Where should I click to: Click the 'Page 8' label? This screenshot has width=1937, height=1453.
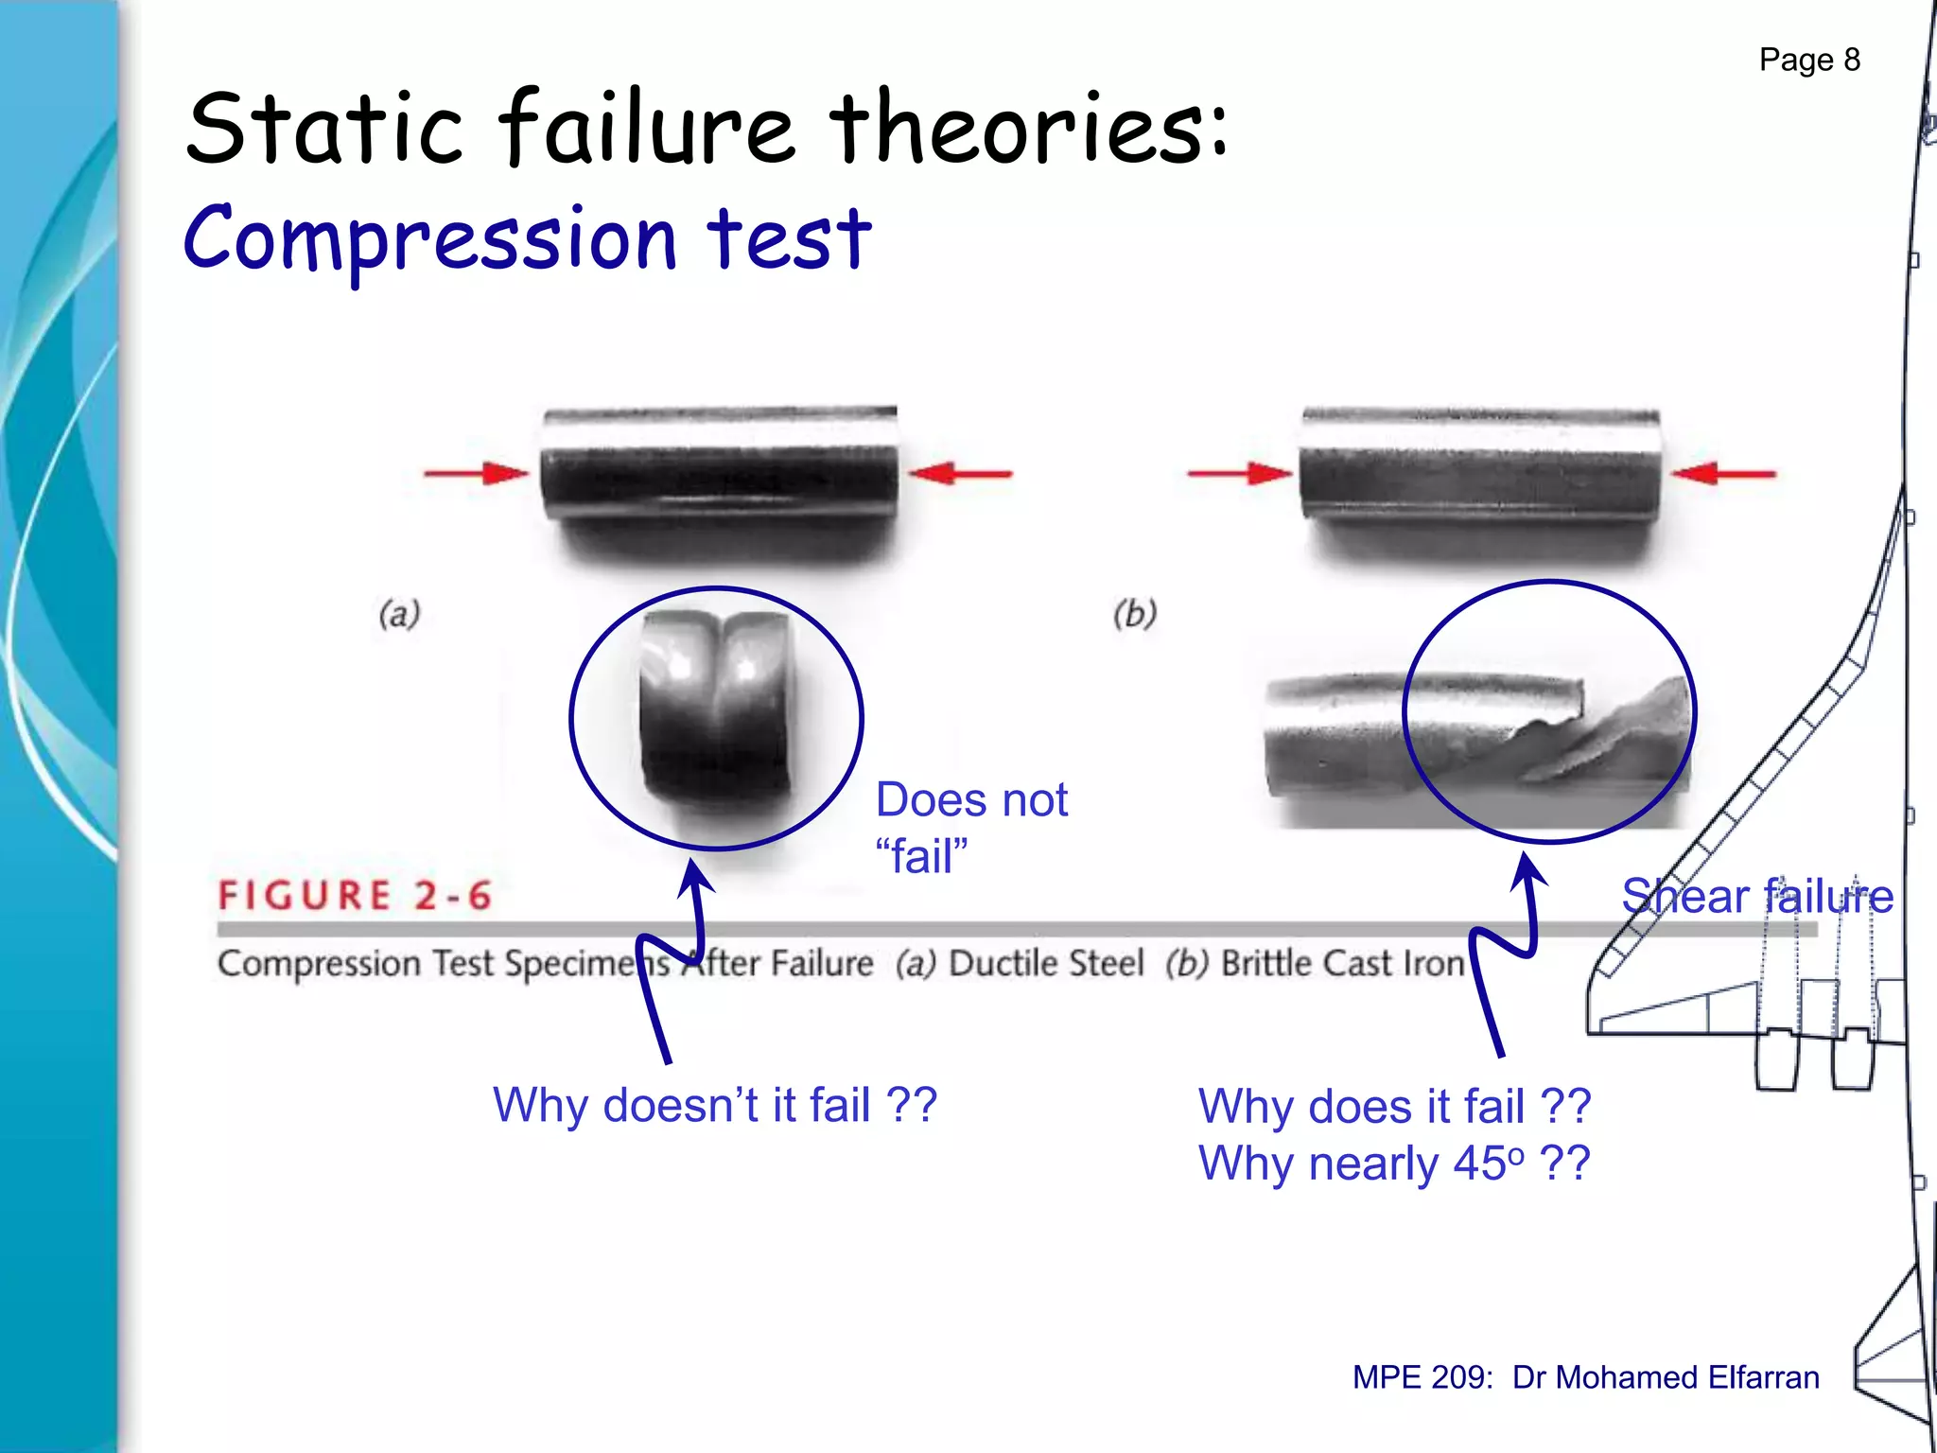click(1808, 61)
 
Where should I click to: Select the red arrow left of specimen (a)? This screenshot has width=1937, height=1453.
click(476, 473)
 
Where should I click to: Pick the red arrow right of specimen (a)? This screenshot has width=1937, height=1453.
click(961, 473)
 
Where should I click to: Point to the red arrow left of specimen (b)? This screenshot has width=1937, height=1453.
click(1239, 473)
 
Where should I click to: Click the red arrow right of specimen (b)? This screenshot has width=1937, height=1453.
click(1723, 473)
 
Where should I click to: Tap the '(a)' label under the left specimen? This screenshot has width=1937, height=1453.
click(399, 614)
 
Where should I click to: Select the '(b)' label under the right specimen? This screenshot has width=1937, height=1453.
click(1135, 614)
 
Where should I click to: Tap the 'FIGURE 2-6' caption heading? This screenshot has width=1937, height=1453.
click(356, 895)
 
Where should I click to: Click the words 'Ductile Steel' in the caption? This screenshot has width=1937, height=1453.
click(1046, 964)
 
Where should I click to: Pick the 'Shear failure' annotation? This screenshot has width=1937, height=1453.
click(1756, 896)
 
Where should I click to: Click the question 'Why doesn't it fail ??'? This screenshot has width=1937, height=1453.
click(715, 1105)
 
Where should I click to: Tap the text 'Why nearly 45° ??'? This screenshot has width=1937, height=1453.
click(1394, 1164)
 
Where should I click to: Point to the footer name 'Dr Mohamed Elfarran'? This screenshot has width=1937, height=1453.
click(1666, 1377)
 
